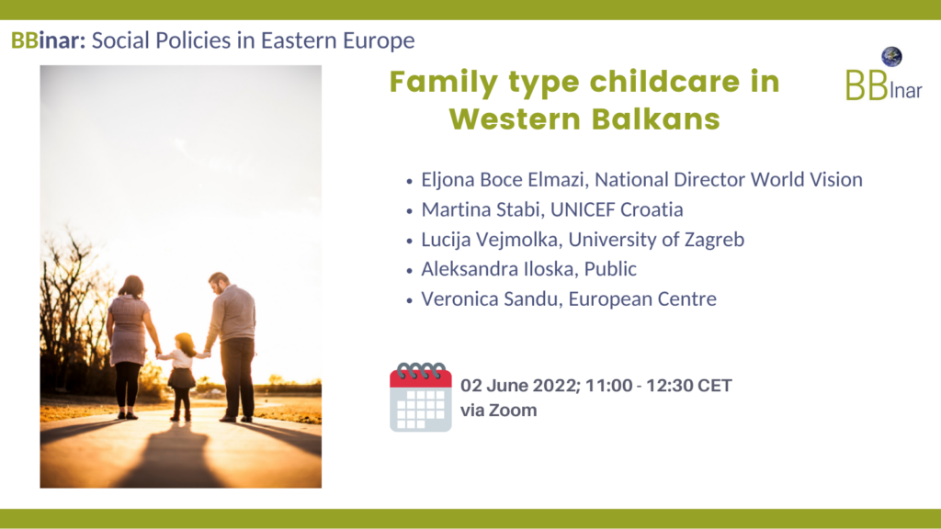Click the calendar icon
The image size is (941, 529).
pos(420,397)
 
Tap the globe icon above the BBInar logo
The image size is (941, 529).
pos(891,56)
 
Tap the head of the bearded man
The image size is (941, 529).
pos(219,282)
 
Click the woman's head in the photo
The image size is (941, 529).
pos(132,287)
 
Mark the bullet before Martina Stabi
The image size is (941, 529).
pos(409,210)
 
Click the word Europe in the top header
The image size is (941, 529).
pos(379,40)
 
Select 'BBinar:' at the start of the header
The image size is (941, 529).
pos(48,40)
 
